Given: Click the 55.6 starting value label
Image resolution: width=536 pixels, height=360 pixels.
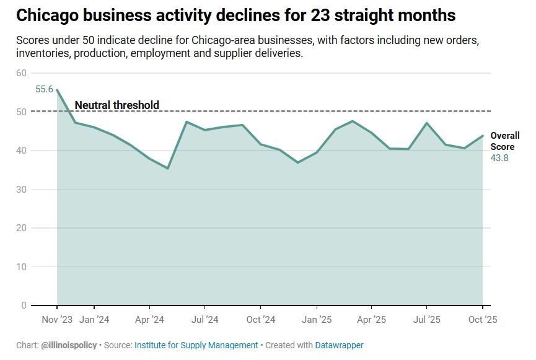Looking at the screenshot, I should coord(44,89).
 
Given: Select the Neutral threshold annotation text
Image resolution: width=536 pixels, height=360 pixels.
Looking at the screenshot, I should coord(116,105).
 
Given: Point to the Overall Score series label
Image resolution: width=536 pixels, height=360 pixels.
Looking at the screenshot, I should coord(504,141).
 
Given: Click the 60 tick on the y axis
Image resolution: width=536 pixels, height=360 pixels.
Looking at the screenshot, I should coord(22,73).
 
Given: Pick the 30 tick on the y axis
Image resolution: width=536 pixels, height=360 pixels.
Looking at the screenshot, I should coord(22,190).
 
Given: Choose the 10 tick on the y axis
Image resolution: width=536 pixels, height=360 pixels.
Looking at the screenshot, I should coord(22,267).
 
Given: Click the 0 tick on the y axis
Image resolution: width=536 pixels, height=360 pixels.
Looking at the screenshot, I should coord(24,305).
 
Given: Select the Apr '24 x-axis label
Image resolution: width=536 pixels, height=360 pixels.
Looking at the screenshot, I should coord(149,320).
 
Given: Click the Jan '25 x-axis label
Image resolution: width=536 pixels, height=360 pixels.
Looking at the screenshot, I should coord(316,320).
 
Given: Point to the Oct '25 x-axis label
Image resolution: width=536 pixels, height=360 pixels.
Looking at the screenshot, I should coord(481,320).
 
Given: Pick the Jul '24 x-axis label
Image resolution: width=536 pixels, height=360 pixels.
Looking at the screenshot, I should coord(204,320).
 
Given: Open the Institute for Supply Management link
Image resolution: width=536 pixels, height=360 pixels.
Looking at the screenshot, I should coord(196,345).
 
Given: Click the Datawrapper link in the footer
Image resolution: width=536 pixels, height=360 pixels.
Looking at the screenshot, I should coord(339,345).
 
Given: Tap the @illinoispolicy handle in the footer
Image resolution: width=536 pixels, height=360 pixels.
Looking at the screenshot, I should coord(69,345).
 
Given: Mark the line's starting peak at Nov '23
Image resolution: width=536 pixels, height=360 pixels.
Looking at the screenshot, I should coord(57,90).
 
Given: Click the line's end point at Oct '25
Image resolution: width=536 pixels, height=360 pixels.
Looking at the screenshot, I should coord(483,136).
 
